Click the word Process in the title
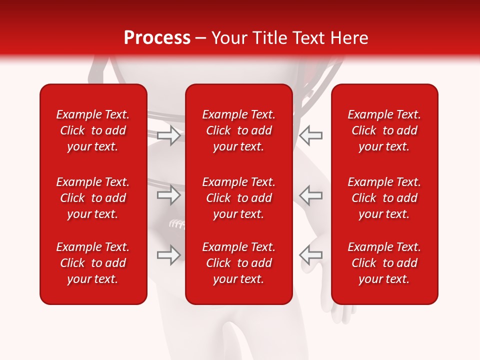pos(157,38)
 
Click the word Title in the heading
pos(270,38)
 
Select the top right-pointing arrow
pos(168,135)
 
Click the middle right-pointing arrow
pos(168,195)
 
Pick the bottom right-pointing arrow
pos(168,255)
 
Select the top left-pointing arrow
pos(311,135)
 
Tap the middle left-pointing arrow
pos(311,195)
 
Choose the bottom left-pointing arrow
pos(311,255)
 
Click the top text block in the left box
pos(93,130)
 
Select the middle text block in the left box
pos(93,198)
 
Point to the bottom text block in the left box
pos(93,263)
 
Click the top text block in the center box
pos(238,130)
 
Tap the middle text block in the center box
pos(238,198)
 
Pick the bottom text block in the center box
pos(238,263)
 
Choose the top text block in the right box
pos(384,130)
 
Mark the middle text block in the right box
pos(384,198)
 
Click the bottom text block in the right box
pos(384,263)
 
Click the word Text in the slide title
pos(310,38)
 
